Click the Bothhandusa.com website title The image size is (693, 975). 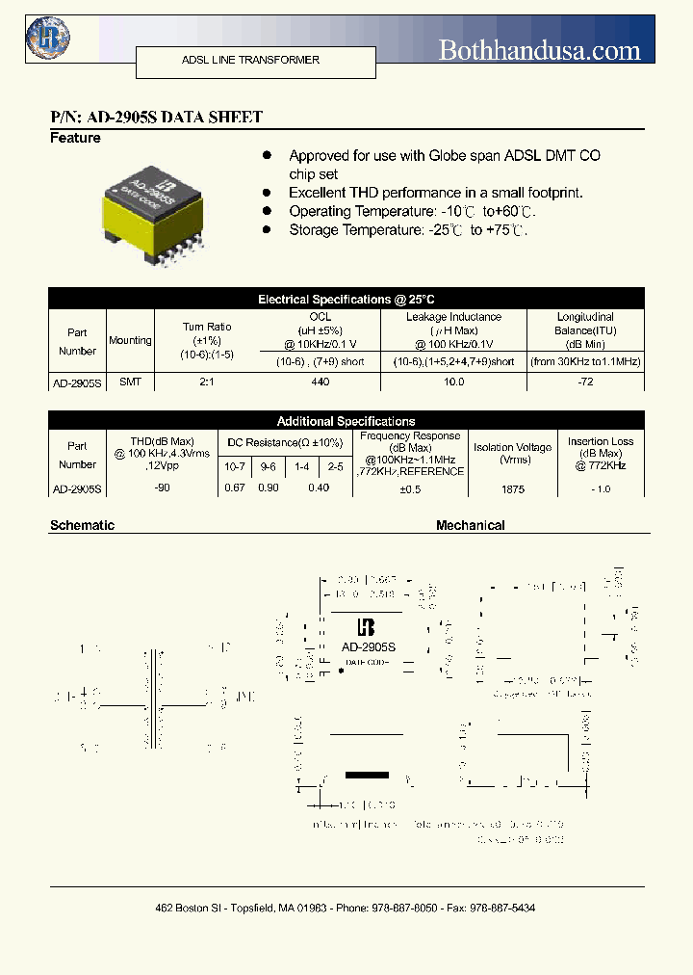click(539, 50)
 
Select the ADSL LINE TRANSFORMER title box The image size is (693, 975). click(250, 61)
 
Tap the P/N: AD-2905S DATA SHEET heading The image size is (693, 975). click(156, 118)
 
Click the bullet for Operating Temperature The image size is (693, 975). click(269, 211)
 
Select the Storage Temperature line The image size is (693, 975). click(408, 230)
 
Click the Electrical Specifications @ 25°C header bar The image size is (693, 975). click(346, 300)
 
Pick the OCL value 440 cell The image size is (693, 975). click(321, 382)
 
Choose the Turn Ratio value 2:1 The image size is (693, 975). click(207, 382)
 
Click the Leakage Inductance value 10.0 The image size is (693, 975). click(453, 382)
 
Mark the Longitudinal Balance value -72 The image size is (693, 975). click(585, 382)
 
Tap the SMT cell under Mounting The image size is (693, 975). click(130, 382)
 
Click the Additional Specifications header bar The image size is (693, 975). click(346, 421)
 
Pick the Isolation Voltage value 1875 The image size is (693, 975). click(513, 489)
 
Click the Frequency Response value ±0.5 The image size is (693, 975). click(410, 489)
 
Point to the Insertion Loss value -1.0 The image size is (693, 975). click(601, 489)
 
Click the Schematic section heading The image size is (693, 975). click(82, 525)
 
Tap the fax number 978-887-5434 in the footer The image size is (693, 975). click(498, 909)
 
